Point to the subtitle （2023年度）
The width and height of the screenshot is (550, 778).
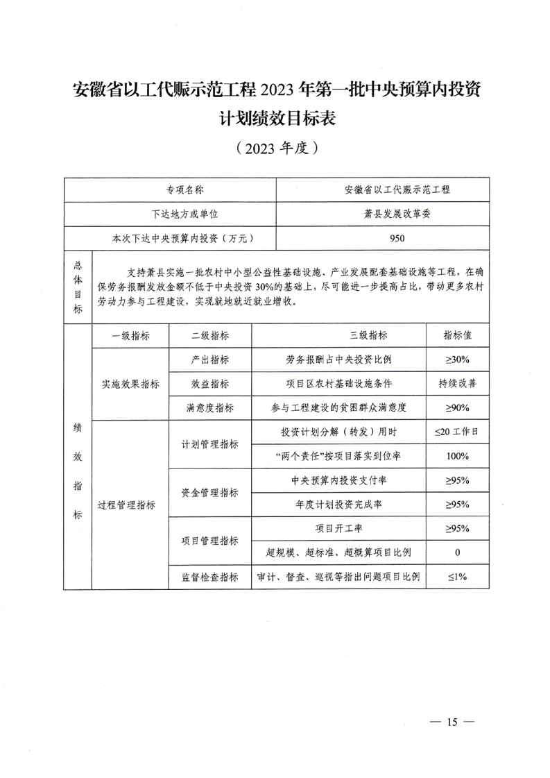276,148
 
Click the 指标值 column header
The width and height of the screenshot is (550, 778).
458,335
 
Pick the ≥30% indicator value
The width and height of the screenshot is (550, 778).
458,360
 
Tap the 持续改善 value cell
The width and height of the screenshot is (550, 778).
458,383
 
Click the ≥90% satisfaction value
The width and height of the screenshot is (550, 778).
458,407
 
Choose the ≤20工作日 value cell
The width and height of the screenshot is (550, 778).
458,432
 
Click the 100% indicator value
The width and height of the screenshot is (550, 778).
458,456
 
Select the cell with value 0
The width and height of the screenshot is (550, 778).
458,552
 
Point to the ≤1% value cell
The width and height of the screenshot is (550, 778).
458,576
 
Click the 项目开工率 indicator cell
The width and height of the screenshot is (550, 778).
338,528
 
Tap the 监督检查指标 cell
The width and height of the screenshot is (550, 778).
210,576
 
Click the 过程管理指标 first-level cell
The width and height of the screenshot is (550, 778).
130,505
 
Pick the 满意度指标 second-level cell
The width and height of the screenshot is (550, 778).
210,407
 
